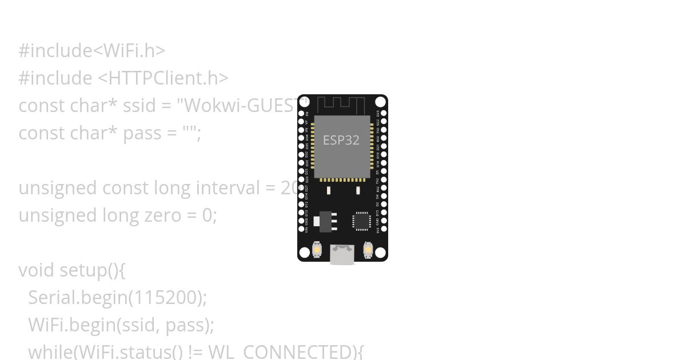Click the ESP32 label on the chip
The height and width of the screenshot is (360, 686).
point(341,140)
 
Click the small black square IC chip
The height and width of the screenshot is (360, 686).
point(361,221)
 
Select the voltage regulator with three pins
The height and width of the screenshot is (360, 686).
point(326,221)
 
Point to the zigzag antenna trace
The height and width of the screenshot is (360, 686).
point(341,105)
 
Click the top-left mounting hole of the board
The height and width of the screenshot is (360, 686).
point(305,102)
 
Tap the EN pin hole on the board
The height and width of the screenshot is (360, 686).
point(302,113)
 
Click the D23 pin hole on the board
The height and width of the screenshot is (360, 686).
point(384,113)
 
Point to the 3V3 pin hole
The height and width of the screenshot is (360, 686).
point(384,229)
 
